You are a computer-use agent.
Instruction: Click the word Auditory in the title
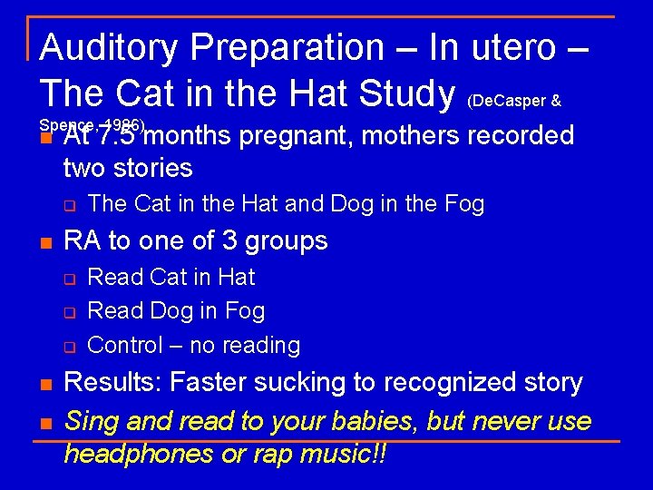pyautogui.click(x=110, y=46)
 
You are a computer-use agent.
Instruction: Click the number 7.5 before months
pyautogui.click(x=118, y=135)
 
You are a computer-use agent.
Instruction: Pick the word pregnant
pyautogui.click(x=299, y=136)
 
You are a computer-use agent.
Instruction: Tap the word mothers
pyautogui.click(x=410, y=135)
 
